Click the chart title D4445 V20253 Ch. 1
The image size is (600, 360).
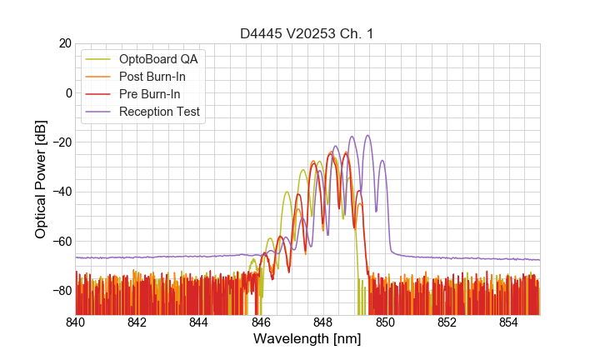(307, 33)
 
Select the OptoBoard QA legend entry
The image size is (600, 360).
(158, 59)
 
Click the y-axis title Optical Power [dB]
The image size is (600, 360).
(41, 179)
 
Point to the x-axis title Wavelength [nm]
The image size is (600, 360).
(307, 339)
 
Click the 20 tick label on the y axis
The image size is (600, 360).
(63, 43)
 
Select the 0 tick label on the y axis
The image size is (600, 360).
(67, 92)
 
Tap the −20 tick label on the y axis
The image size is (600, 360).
(60, 142)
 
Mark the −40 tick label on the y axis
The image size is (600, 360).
(60, 192)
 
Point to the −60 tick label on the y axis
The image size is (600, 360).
(60, 242)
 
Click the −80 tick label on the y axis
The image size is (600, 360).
(60, 291)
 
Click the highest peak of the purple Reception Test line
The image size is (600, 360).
(367, 135)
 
